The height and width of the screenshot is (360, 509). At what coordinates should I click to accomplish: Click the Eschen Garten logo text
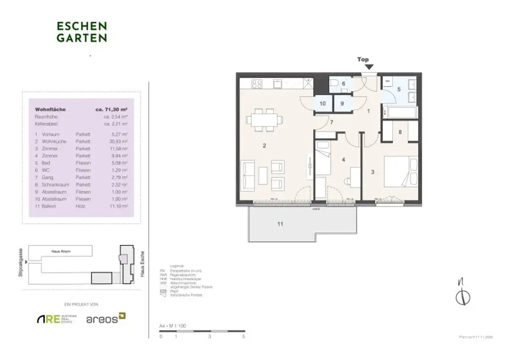[x=82, y=31]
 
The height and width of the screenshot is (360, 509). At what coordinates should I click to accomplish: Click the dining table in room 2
[x=264, y=119]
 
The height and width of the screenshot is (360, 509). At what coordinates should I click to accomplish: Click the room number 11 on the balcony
[x=280, y=224]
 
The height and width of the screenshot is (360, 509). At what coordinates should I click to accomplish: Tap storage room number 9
[x=342, y=103]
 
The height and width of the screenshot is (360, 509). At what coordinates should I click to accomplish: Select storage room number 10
[x=322, y=103]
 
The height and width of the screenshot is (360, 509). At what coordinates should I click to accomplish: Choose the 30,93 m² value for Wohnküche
[x=119, y=142]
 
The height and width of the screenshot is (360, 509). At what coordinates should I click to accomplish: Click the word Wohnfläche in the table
[x=50, y=109]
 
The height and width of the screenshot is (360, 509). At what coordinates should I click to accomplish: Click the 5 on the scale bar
[x=244, y=337]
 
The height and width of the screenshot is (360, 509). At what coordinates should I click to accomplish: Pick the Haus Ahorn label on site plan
[x=61, y=252]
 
